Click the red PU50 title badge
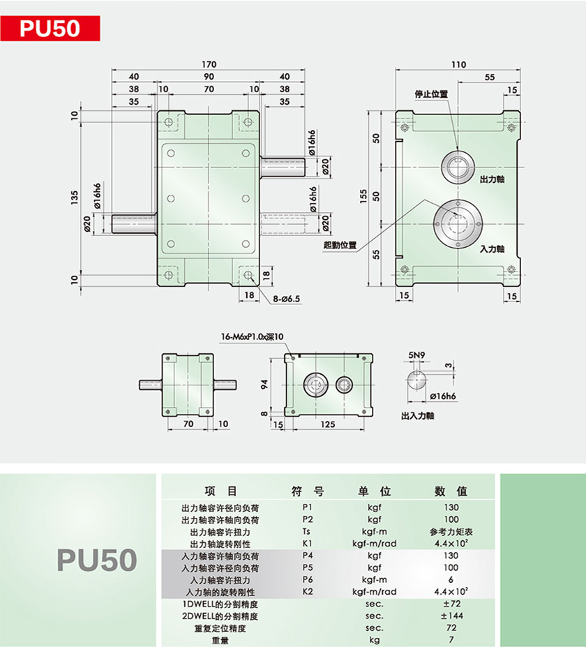pos(50,29)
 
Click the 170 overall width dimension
pos(209,64)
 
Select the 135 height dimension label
pos(74,198)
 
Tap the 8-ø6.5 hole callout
pos(286,299)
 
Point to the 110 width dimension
pos(458,64)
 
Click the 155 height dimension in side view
pos(363,197)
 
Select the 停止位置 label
pos(431,94)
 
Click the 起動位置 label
pos(340,245)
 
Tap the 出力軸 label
pos(493,179)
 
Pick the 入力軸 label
pos(493,248)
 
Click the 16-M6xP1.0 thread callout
pos(252,336)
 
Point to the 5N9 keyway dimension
pos(417,355)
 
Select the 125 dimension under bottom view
pos(328,424)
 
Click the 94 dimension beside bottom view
pos(264,384)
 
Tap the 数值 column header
pos(451,491)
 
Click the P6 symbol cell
pos(308,579)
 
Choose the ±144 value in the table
pos(451,616)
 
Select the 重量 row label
pos(220,641)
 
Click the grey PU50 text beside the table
pos(97,560)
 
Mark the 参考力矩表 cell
pos(451,531)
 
